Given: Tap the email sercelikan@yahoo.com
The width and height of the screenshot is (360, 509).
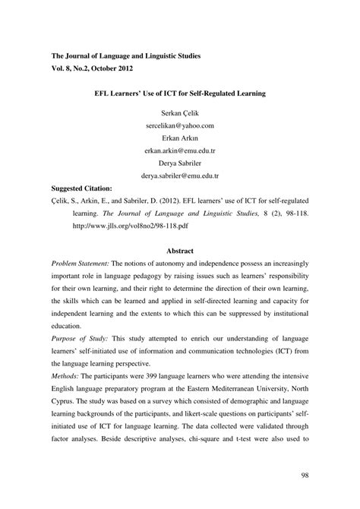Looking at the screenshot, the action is pyautogui.click(x=179, y=125).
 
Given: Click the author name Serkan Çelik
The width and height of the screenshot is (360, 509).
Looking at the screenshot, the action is pyautogui.click(x=179, y=112).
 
